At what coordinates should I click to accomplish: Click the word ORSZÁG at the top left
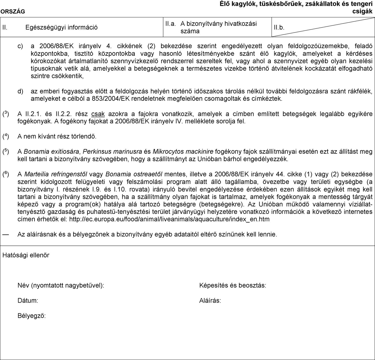(12, 12)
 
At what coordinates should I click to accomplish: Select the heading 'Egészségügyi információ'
(61, 27)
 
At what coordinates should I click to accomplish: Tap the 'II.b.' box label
(279, 28)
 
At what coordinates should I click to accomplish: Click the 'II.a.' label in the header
(170, 24)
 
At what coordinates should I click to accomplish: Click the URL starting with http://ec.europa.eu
(169, 219)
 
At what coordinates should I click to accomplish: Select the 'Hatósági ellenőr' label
(26, 255)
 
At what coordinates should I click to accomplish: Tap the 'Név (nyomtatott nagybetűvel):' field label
(61, 286)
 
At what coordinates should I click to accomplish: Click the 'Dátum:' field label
(28, 301)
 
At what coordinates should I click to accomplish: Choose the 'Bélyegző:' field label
(32, 316)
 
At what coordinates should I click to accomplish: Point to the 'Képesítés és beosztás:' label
(233, 286)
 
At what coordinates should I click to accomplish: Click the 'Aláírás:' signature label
(210, 301)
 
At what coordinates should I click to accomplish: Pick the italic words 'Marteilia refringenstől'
(56, 174)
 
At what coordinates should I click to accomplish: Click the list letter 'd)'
(20, 91)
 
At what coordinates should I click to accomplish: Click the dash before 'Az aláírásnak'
(6, 234)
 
